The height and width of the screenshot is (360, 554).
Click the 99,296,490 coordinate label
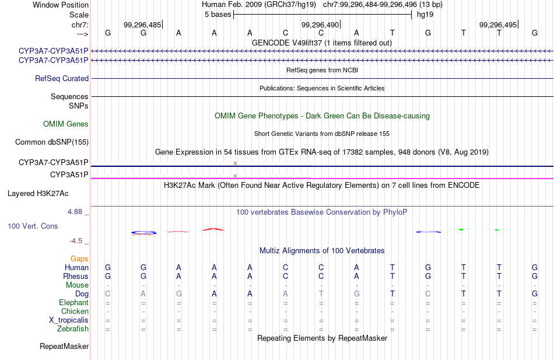(320, 25)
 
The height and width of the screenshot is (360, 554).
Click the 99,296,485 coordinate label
(142, 25)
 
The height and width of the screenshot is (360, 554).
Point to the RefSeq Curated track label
(62, 78)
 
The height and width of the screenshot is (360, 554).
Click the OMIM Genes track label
(66, 124)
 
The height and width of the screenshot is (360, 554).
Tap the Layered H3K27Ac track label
(38, 193)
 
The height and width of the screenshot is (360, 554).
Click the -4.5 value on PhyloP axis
(76, 240)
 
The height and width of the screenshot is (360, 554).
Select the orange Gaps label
(79, 258)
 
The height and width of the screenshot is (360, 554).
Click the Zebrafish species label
(73, 329)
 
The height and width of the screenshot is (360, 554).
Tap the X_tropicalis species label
(69, 320)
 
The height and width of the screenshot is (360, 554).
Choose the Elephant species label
(73, 303)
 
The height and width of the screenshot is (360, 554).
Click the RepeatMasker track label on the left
(64, 347)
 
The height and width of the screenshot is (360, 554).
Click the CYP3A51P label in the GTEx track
(69, 174)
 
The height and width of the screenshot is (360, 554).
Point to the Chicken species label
(75, 312)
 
